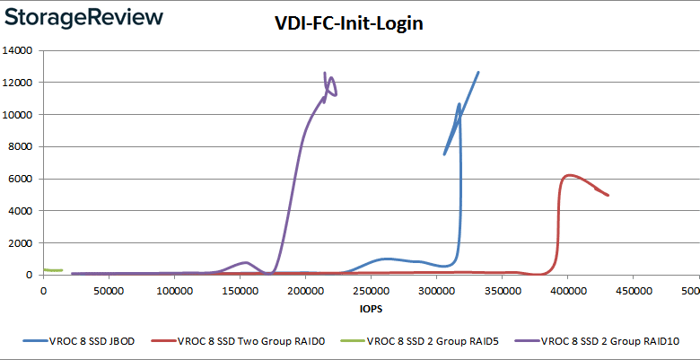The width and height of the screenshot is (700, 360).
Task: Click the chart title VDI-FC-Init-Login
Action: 348,25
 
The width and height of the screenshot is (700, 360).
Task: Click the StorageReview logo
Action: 83,18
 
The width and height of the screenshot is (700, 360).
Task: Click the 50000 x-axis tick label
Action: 109,291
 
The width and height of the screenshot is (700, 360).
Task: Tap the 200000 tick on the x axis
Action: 305,291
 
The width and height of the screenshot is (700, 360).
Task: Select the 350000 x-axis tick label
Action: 502,291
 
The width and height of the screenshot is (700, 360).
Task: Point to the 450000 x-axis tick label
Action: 633,291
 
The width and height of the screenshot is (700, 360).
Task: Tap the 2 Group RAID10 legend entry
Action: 568,342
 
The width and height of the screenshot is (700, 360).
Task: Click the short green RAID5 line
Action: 52,270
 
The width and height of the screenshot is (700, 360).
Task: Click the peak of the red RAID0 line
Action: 569,175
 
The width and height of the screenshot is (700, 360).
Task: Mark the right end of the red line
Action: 608,195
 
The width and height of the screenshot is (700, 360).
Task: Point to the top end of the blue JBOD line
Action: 478,72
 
